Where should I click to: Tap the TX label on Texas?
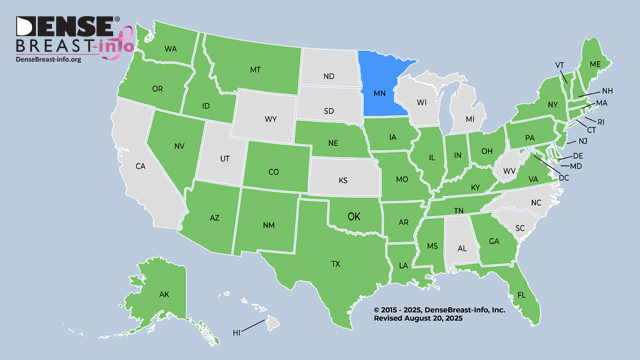coord(336,264)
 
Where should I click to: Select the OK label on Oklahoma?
coord(353,215)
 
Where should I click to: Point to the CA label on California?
coord(141,166)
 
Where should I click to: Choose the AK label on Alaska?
coord(163,294)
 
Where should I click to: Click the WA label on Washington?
coord(171,49)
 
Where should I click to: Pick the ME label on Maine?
coord(595,64)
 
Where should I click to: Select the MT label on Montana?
coord(255,70)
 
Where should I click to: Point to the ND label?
coord(328,77)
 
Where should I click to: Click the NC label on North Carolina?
coord(535,203)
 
